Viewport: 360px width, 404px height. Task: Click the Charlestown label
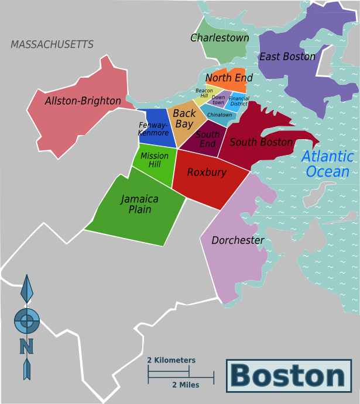click(x=220, y=38)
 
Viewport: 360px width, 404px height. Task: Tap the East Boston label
click(x=287, y=57)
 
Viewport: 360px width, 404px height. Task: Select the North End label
click(x=229, y=78)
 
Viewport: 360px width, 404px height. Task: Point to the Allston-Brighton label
click(x=83, y=101)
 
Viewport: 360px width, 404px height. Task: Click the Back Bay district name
click(x=184, y=119)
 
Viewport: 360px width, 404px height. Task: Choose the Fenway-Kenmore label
click(x=153, y=129)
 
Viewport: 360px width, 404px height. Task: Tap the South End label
click(x=208, y=139)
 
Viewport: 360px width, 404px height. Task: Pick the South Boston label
click(x=261, y=142)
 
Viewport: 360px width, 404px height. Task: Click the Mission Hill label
click(x=155, y=160)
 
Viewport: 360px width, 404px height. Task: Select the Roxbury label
click(x=207, y=172)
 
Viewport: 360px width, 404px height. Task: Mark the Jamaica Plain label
click(x=140, y=204)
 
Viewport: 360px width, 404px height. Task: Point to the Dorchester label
click(x=238, y=240)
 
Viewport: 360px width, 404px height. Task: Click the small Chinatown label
click(x=220, y=115)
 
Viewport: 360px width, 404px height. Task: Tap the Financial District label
click(x=239, y=101)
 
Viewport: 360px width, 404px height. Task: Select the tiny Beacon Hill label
click(x=204, y=93)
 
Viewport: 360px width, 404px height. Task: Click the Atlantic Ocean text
click(x=328, y=164)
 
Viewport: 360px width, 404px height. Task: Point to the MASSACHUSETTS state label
click(x=52, y=44)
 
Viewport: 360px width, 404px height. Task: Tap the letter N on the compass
click(x=26, y=346)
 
